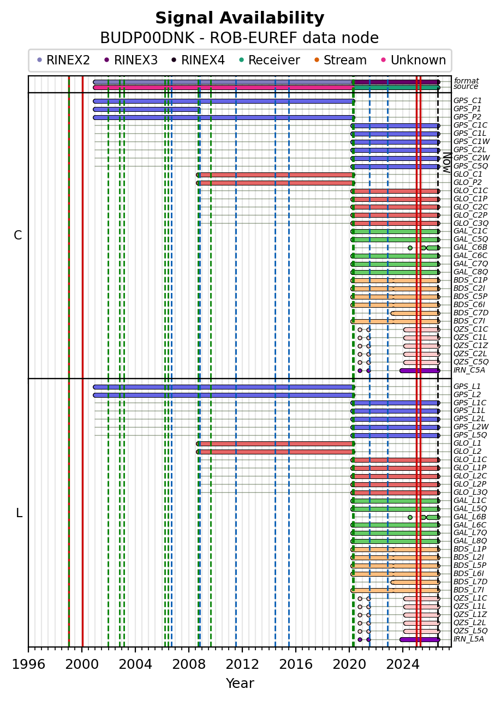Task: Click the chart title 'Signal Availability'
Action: click(x=240, y=18)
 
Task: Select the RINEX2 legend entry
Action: click(x=63, y=60)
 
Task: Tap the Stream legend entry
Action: click(x=341, y=60)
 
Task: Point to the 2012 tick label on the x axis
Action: click(x=242, y=664)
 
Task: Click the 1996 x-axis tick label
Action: click(x=28, y=664)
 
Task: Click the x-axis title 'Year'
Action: click(x=240, y=684)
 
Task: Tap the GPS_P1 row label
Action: click(x=467, y=109)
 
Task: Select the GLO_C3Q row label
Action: click(x=470, y=224)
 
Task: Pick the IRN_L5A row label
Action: click(x=469, y=639)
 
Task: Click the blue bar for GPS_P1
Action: click(x=147, y=110)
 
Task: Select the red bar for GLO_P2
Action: click(x=276, y=183)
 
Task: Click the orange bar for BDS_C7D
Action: click(x=415, y=313)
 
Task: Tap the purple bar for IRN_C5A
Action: click(x=420, y=370)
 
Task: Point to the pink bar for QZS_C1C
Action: click(x=422, y=329)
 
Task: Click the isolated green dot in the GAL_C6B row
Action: click(x=410, y=248)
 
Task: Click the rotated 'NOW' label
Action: click(x=447, y=163)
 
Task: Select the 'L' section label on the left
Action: click(x=19, y=513)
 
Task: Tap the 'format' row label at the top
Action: click(x=466, y=81)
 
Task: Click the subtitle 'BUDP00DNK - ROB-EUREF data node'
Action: click(x=240, y=38)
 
